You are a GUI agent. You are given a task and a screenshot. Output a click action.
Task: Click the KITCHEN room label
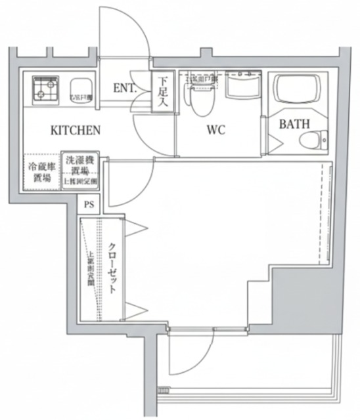point(76,130)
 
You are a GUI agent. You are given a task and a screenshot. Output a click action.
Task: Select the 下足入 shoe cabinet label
point(162,91)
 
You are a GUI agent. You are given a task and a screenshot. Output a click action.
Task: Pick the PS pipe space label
point(89,204)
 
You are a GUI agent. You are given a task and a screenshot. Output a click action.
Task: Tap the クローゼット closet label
point(112,270)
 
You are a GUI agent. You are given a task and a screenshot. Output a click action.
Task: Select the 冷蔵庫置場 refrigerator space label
point(41,172)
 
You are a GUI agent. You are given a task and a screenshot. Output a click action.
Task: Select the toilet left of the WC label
point(196,96)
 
